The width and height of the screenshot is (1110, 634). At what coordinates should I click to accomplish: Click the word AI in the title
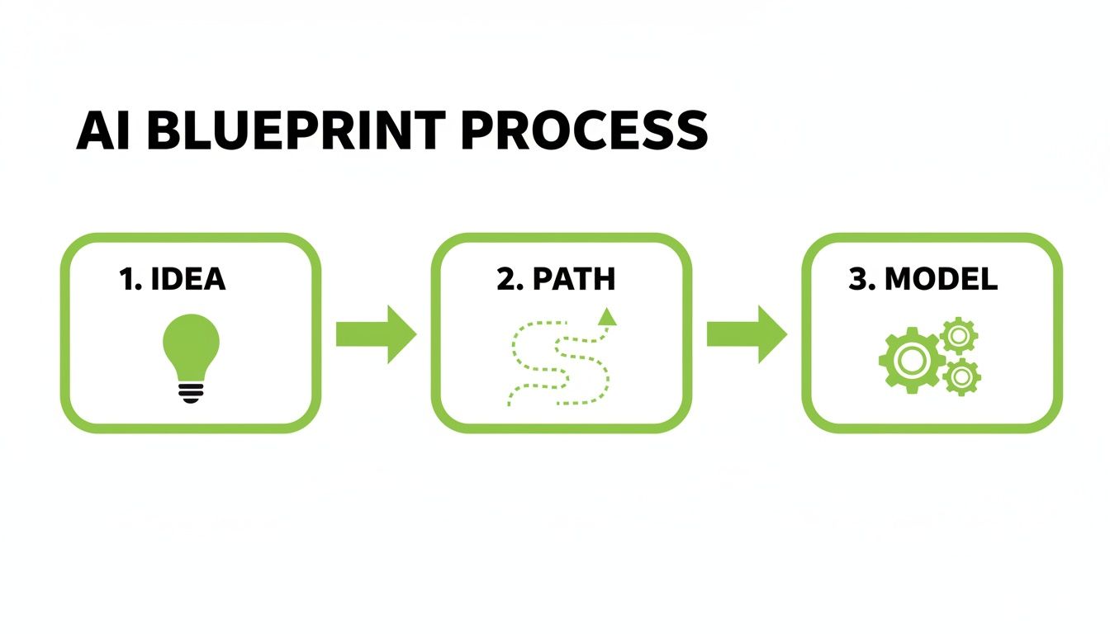[x=104, y=130]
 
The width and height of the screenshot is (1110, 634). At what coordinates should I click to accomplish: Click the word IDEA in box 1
[x=188, y=279]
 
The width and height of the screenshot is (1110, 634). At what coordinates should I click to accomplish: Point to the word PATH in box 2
[x=573, y=279]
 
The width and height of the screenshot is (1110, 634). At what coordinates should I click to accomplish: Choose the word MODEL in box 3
[x=941, y=279]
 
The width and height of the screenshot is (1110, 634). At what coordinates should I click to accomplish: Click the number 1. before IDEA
[x=132, y=279]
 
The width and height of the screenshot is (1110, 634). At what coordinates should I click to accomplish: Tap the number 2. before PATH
[x=510, y=279]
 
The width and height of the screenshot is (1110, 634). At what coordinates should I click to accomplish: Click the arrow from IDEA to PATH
[x=376, y=334]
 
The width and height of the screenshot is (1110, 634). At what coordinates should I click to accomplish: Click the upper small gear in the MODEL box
[x=958, y=335]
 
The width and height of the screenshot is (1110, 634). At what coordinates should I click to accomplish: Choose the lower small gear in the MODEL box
[x=961, y=376]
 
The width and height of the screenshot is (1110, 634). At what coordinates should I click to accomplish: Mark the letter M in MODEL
[x=900, y=279]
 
